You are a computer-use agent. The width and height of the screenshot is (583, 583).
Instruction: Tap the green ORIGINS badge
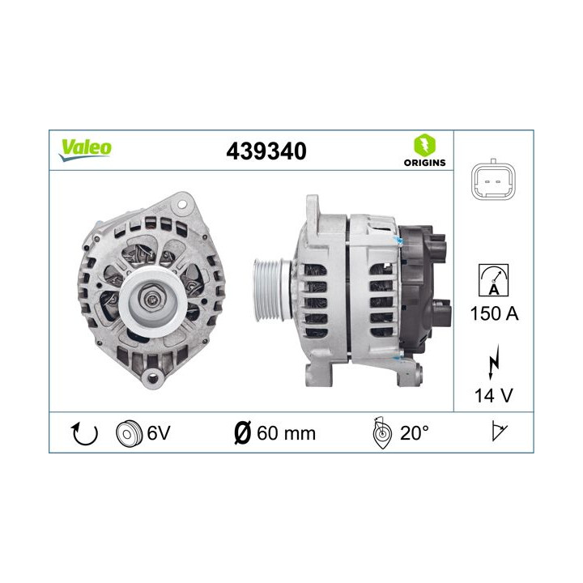click(x=425, y=151)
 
